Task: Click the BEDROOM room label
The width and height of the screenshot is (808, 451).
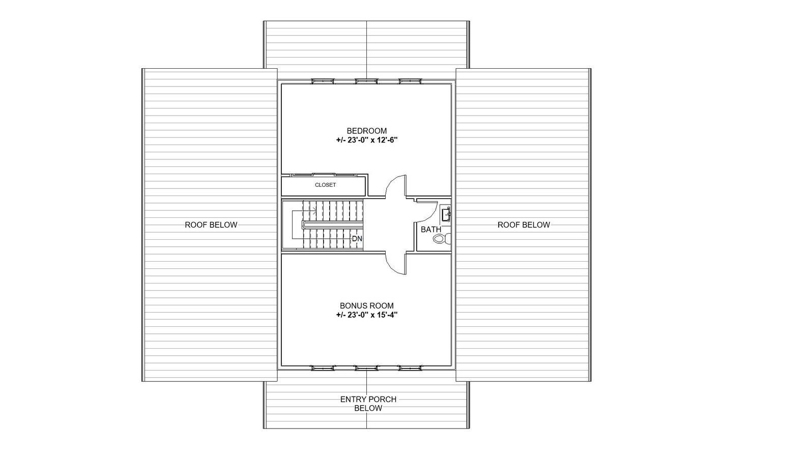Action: coord(366,131)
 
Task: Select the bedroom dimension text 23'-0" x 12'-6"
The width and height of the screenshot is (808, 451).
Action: coord(366,140)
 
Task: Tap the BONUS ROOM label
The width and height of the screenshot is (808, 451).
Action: coord(366,306)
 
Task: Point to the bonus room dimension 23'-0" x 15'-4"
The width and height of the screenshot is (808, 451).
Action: coord(366,315)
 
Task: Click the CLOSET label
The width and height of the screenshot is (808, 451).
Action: coord(325,185)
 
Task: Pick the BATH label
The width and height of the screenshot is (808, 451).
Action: coord(430,230)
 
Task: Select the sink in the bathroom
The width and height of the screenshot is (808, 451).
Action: coord(446,214)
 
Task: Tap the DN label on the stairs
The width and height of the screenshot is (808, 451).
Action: coord(357,239)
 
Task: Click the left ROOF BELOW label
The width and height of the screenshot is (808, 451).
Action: coord(211,224)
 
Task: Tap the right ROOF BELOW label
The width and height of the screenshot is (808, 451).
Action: coord(524,224)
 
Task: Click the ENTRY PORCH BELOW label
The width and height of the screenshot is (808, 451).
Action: coord(368,404)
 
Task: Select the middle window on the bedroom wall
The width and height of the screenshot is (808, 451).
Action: coord(366,80)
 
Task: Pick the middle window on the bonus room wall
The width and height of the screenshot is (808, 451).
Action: coord(366,368)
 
